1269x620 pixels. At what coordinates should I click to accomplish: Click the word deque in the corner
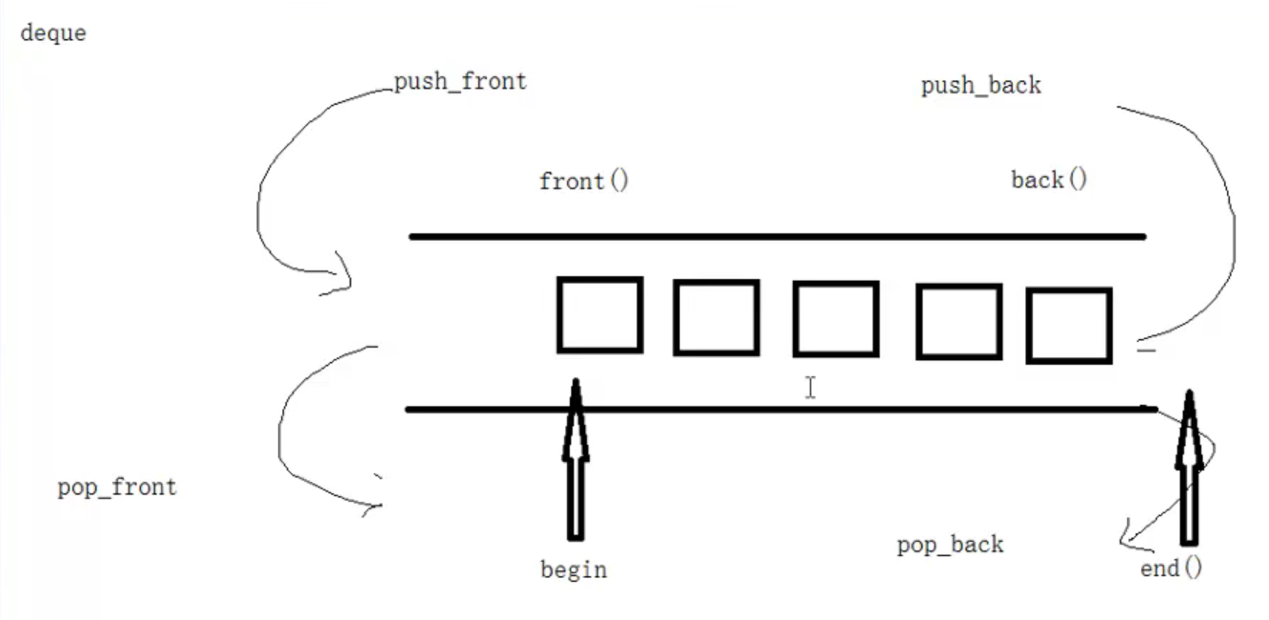tap(53, 33)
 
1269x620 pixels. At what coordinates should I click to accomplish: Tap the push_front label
tap(460, 82)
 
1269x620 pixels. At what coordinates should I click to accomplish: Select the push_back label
tap(980, 86)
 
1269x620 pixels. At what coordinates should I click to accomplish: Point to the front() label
tap(584, 181)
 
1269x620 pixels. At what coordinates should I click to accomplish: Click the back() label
tap(1048, 179)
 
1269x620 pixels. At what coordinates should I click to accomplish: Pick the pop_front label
tap(117, 488)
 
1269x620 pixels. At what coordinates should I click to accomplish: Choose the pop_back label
tap(950, 546)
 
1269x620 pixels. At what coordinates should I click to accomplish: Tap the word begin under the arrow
tap(574, 570)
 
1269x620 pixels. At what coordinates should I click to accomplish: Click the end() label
tap(1171, 569)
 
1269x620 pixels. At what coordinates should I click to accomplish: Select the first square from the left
tap(599, 314)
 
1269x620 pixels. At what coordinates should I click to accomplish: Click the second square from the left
tap(715, 317)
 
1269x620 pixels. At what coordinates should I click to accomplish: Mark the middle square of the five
tap(836, 319)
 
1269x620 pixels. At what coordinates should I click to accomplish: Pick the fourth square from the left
tap(958, 321)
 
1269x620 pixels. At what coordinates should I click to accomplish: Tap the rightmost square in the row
tap(1069, 326)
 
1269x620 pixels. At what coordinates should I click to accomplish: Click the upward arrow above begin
tap(574, 457)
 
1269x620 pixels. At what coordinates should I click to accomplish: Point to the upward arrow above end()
tap(1189, 467)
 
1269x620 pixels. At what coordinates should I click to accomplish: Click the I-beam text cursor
tap(810, 387)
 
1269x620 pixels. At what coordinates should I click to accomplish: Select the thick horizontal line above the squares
tap(776, 236)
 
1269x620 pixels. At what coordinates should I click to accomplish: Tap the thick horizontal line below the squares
tap(776, 410)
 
